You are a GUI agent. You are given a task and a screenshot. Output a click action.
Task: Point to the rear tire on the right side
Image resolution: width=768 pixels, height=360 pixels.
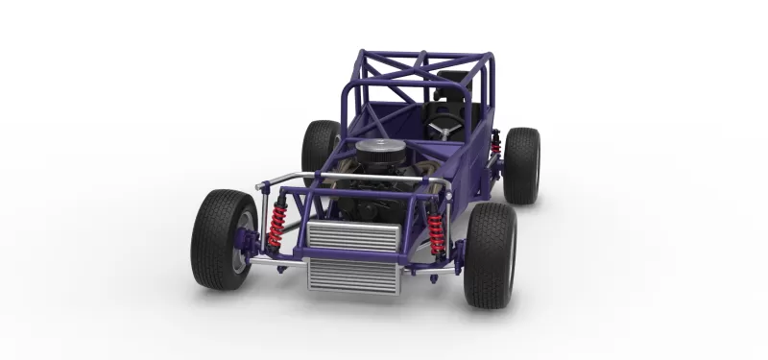pos(521,164)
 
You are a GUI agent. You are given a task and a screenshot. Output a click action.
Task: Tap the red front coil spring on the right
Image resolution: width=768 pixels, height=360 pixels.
pos(437,232)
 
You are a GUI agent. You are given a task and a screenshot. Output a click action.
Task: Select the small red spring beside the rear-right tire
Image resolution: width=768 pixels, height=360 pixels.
pos(495,145)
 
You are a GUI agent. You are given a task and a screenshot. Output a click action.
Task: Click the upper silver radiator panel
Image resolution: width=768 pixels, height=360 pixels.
pos(351,236)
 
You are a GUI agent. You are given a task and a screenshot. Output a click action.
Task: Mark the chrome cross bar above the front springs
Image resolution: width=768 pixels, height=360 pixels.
pos(350,179)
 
